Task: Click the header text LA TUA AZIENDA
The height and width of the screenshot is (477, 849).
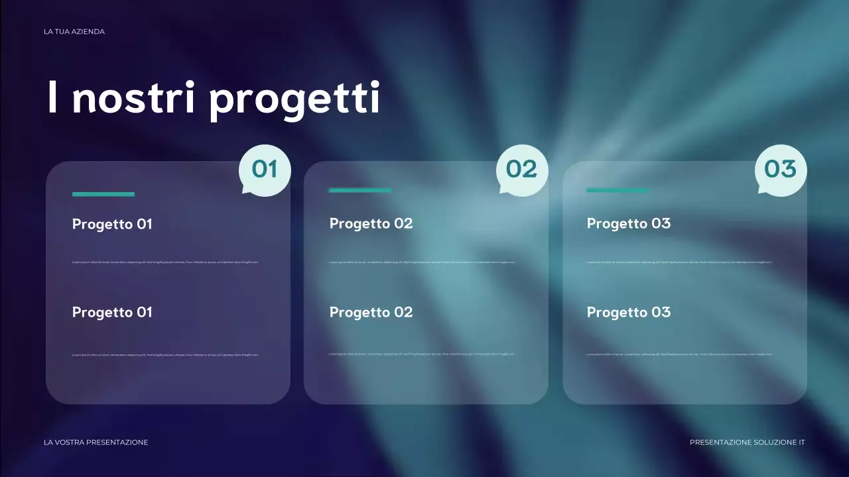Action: (74, 32)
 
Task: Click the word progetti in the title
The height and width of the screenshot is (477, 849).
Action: (294, 99)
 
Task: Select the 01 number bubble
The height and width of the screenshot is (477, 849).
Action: (265, 170)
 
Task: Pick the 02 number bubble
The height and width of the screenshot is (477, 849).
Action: (522, 170)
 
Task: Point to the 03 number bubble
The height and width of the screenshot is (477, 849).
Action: (781, 170)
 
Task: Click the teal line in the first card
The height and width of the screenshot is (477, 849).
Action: (103, 194)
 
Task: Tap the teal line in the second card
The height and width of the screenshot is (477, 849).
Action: (359, 190)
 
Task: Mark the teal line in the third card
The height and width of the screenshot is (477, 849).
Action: (617, 190)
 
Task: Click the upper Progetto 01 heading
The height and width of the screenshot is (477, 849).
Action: (112, 224)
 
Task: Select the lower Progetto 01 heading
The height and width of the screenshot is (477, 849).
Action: (112, 312)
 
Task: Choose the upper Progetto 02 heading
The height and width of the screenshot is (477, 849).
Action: (371, 223)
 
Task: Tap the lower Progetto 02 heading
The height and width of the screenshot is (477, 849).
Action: (371, 312)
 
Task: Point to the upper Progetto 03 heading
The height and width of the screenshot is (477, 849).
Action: (628, 223)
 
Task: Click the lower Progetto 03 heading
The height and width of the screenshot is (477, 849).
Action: (628, 312)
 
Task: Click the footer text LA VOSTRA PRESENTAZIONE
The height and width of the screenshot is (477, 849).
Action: (96, 442)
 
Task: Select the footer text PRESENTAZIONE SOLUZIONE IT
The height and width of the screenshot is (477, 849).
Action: (747, 442)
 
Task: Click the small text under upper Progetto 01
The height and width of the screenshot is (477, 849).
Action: (165, 262)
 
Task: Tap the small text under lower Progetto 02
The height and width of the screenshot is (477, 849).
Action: (422, 354)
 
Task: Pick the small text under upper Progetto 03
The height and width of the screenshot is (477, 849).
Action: (679, 262)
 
